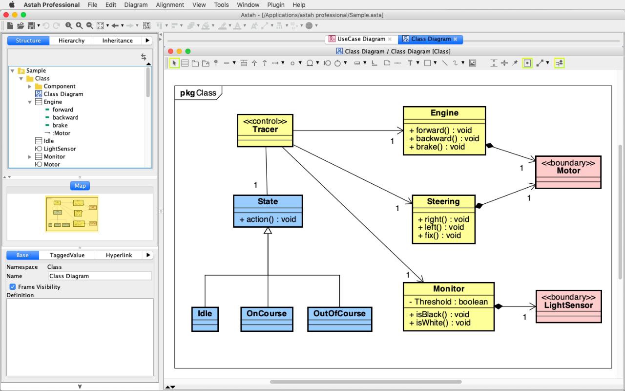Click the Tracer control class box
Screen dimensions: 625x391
coord(265,130)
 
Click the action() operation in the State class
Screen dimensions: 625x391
coord(268,219)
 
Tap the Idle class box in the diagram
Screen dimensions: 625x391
coord(205,319)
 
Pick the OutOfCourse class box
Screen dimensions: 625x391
coord(339,319)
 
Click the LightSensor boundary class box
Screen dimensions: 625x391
coord(569,306)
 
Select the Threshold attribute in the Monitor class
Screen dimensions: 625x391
coord(448,302)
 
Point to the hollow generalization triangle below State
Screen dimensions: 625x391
coord(268,231)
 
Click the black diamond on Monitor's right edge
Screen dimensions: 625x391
coord(499,306)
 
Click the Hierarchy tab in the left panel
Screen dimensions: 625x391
coord(71,41)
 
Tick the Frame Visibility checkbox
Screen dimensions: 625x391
coord(13,287)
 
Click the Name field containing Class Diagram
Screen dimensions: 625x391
coord(100,276)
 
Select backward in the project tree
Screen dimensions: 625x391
coord(65,118)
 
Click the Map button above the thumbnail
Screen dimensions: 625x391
coord(80,186)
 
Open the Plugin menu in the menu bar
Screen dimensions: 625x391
coord(276,5)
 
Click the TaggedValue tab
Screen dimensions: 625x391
coord(67,255)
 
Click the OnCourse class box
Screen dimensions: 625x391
coord(267,319)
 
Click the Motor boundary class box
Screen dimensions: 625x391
coord(568,172)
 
